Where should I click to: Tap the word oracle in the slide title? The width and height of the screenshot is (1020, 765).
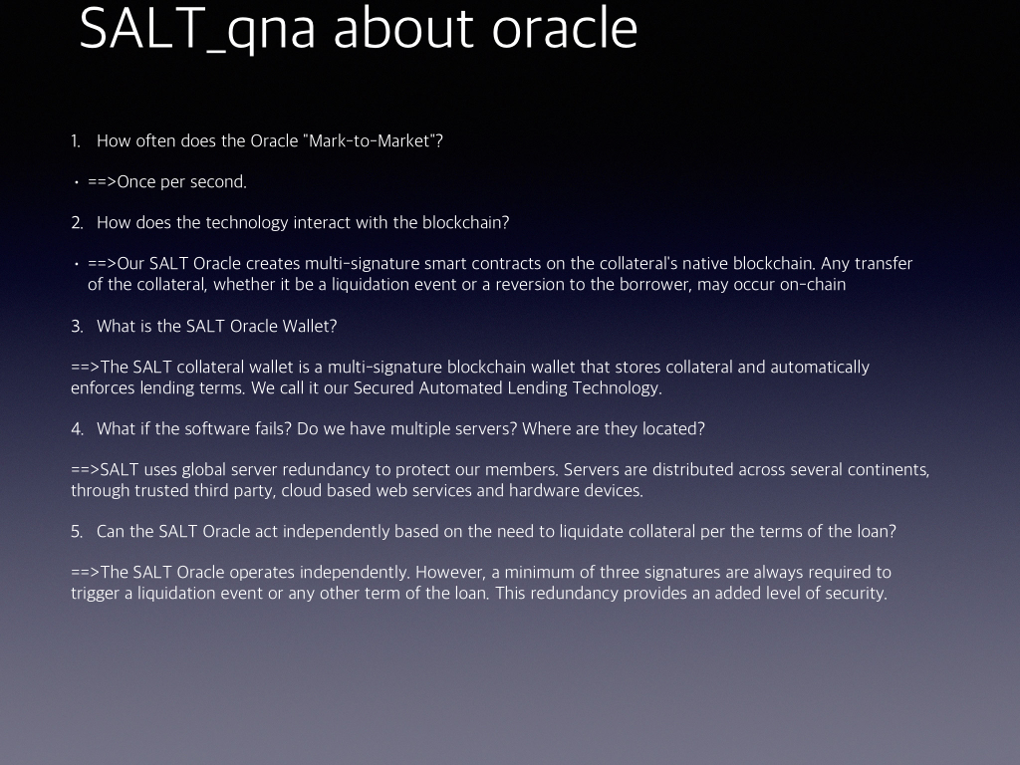point(565,29)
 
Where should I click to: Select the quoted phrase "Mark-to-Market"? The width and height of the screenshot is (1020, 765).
point(370,140)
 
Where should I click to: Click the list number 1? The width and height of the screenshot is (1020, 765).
point(76,141)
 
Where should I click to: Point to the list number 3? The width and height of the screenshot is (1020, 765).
point(77,326)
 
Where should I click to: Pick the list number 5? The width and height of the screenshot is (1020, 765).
point(77,532)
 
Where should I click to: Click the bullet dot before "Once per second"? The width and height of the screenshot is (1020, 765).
point(77,183)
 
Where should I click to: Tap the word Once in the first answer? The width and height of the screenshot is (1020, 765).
point(135,182)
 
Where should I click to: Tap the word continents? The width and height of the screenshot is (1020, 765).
point(890,470)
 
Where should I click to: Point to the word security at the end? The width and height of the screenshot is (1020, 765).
point(856,594)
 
